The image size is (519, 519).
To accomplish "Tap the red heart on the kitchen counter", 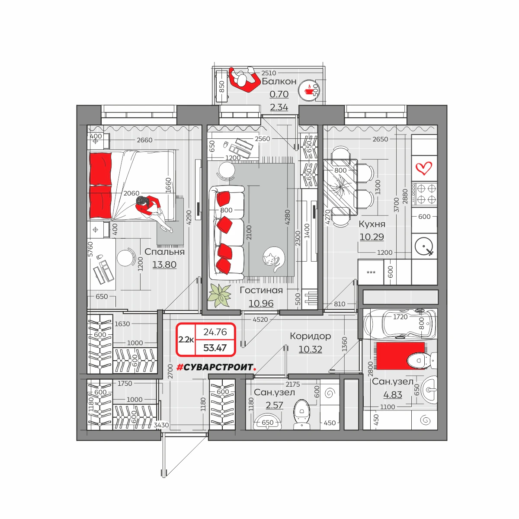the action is [423, 168].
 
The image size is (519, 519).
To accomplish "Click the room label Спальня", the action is [164, 252].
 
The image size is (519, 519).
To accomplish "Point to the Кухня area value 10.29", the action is [372, 237].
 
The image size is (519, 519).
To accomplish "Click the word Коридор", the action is [310, 336].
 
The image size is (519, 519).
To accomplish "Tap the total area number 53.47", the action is [215, 348].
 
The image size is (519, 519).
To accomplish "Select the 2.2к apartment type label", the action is [186, 340].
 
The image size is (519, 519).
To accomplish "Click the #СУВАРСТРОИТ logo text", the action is [216, 367].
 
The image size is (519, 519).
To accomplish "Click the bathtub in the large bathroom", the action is [400, 323].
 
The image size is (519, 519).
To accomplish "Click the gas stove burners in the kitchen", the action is [424, 194].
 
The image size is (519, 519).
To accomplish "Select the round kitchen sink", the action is [424, 246].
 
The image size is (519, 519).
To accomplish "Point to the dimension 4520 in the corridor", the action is [260, 320].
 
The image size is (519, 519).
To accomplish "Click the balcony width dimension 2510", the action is [269, 73].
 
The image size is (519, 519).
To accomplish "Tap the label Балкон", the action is [279, 81].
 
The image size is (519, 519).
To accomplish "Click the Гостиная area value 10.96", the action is [261, 303].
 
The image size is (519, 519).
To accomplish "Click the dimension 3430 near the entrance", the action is [161, 425].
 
